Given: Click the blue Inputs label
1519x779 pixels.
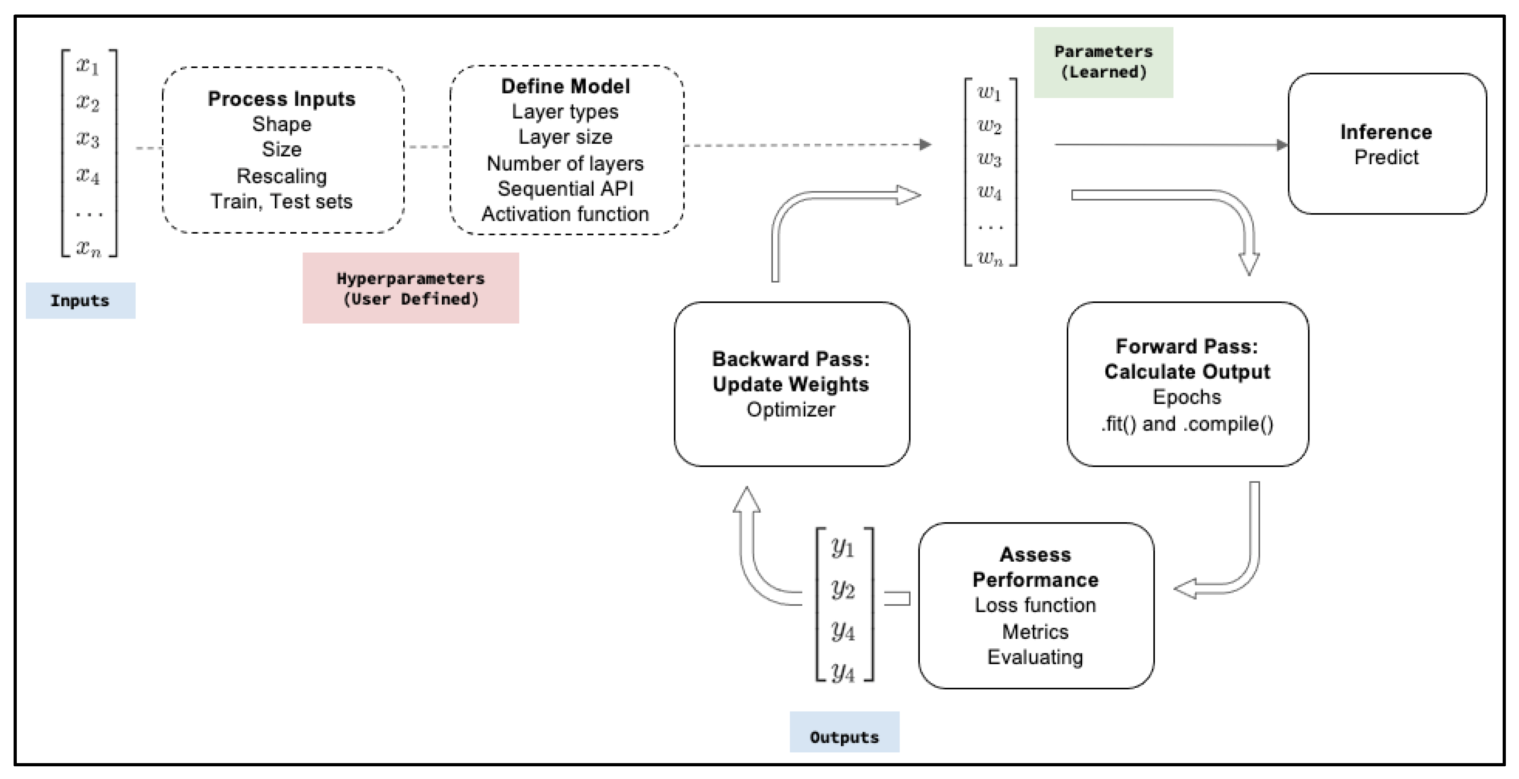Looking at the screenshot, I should coord(80,301).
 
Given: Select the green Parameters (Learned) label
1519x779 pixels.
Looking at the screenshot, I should coord(1103,62).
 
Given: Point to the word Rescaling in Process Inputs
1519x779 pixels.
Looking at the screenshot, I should coord(281,176).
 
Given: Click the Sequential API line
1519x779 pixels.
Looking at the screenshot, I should coord(565,189).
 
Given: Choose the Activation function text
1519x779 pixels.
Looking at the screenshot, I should coord(565,214).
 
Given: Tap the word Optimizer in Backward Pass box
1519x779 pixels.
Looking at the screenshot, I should coord(790,409).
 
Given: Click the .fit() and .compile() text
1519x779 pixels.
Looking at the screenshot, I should coord(1187,423).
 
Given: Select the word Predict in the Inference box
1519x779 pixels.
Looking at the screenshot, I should coord(1386,157).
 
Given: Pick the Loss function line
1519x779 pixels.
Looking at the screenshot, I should coord(1035,605).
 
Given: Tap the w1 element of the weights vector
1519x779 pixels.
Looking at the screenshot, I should coord(989,93).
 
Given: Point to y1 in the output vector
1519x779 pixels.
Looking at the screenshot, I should coord(843,548).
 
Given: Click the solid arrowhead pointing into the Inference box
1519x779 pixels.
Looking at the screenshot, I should coord(1281,144).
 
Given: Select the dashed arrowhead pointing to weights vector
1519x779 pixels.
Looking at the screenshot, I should coord(925,144).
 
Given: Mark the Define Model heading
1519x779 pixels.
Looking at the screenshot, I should coord(565,87).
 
